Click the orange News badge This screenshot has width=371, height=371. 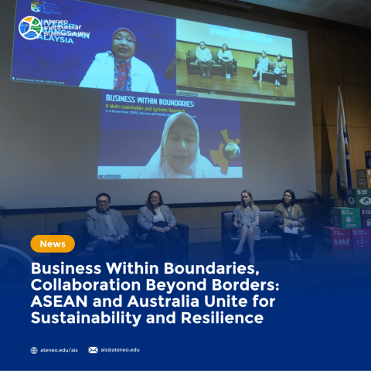coord(53,243)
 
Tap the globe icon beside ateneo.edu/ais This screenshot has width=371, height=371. coord(34,350)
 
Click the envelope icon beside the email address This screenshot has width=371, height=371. coord(93,350)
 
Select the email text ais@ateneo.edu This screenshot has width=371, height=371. coord(120,350)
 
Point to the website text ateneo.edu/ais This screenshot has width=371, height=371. coord(59,350)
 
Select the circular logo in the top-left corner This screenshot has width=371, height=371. coord(31,28)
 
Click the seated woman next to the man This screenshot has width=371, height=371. coord(155,219)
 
